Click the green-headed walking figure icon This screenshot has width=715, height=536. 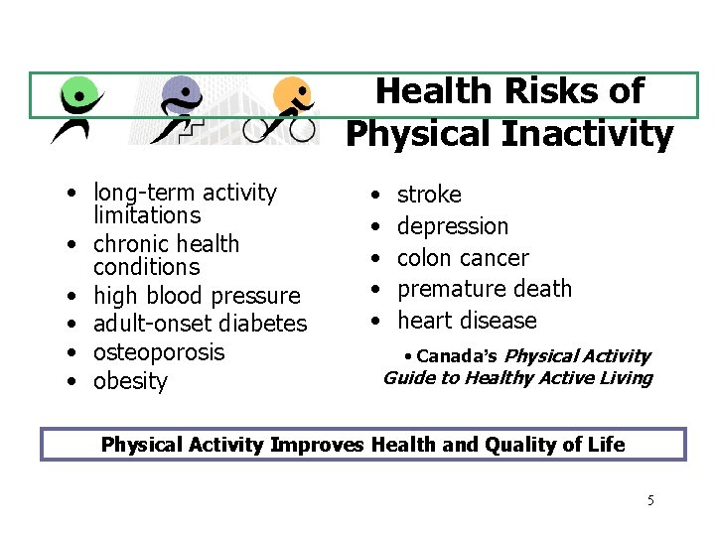[75, 108]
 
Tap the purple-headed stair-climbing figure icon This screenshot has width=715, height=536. [183, 108]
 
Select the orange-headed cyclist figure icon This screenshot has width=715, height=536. [288, 109]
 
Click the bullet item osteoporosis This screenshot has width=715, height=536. [159, 352]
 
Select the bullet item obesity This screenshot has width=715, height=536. [130, 382]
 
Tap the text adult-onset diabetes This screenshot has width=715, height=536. [200, 324]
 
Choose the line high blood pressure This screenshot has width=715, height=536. [196, 296]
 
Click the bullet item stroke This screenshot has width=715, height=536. [429, 195]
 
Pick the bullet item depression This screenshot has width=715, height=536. [452, 226]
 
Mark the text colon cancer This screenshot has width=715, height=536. [463, 258]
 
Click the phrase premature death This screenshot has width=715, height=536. [485, 289]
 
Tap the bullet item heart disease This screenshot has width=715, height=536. [466, 321]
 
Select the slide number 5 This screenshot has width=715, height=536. [650, 500]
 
